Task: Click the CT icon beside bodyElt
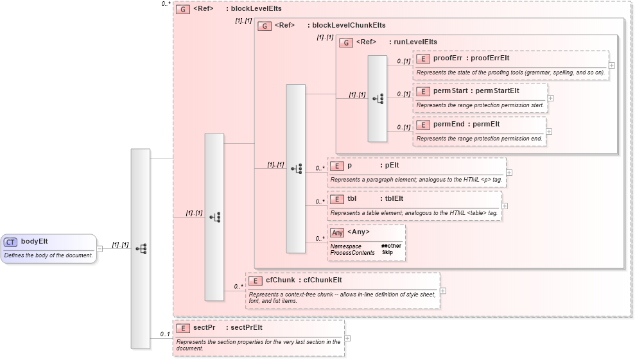[x=10, y=242]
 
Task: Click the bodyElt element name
[x=35, y=242]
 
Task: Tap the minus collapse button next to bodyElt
[x=100, y=248]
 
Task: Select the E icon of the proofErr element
[x=422, y=58]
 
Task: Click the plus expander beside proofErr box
[x=612, y=65]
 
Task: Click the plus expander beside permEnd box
[x=549, y=131]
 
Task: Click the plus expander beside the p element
[x=509, y=173]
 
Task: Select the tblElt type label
[x=394, y=198]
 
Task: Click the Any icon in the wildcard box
[x=337, y=232]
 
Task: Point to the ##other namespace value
[x=390, y=246]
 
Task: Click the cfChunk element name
[x=280, y=280]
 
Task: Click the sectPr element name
[x=204, y=327]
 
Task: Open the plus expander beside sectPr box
[x=347, y=338]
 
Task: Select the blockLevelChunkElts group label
[x=349, y=26]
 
